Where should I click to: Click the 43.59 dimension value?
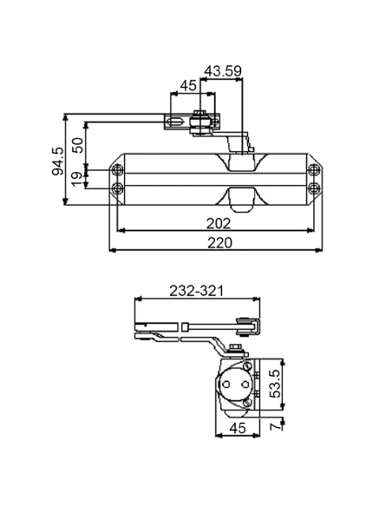pos(223,71)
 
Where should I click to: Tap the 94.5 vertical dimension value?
pos(58,161)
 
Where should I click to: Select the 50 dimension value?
pos(78,145)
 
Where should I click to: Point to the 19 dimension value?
pos(77,179)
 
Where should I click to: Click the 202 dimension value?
pos(219,223)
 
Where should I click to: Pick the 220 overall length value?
pos(219,243)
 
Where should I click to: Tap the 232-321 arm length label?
pos(196,291)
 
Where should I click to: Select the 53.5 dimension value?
pos(276,384)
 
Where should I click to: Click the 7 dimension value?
pos(276,426)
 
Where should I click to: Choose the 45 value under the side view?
pos(238,428)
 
